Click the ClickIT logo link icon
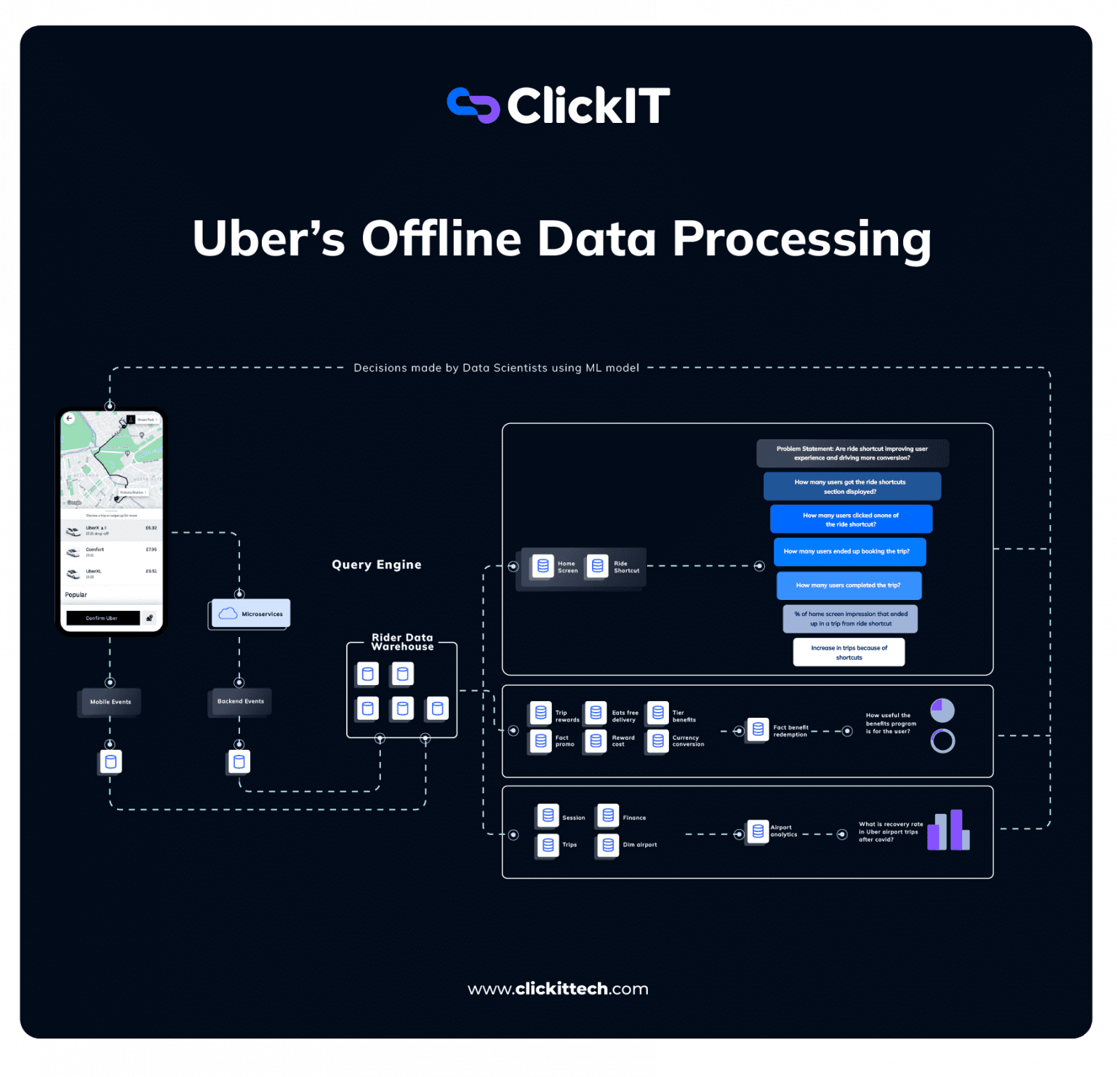tap(473, 105)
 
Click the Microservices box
tap(251, 614)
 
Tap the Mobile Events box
tap(110, 702)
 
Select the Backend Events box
tap(240, 701)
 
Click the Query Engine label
tap(376, 564)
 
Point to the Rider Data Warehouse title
tap(402, 642)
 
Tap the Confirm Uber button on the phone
tap(103, 618)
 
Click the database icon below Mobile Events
tap(111, 762)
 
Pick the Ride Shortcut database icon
tap(597, 566)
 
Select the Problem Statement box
tap(852, 453)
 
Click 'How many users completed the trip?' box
tap(848, 585)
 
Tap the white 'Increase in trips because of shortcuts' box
tap(849, 652)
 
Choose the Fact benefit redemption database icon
tap(758, 729)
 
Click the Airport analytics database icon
tap(758, 831)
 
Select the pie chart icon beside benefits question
tap(942, 710)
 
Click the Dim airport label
tap(639, 845)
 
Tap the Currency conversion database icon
tap(657, 740)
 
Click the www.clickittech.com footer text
tap(558, 989)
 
